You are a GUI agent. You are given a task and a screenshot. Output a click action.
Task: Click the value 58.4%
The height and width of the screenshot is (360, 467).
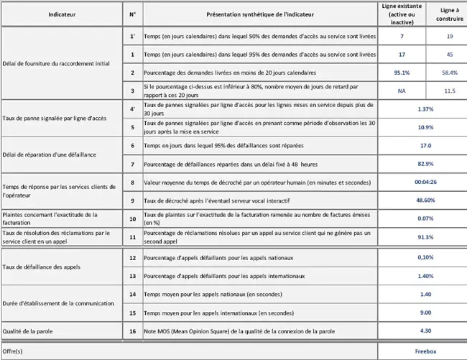click(450, 73)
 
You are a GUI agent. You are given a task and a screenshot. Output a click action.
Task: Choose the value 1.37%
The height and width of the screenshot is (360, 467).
click(425, 109)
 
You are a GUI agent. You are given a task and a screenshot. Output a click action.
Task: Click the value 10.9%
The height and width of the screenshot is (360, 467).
click(425, 127)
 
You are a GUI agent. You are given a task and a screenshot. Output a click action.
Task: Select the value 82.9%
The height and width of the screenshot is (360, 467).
click(425, 164)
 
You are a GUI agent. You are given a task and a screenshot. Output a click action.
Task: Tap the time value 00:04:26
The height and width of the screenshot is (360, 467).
click(425, 183)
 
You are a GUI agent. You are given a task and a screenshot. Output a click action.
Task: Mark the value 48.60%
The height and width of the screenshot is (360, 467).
click(425, 200)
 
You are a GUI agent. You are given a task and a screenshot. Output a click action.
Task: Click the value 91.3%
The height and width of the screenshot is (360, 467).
click(425, 236)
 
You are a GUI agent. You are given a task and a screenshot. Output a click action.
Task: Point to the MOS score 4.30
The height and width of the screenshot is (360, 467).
click(425, 331)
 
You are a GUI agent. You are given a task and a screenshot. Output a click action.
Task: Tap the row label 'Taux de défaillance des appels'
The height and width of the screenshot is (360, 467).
click(45, 267)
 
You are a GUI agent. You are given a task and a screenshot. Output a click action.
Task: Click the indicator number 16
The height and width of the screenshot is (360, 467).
click(132, 331)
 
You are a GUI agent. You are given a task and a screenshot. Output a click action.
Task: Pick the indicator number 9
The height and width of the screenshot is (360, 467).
click(132, 200)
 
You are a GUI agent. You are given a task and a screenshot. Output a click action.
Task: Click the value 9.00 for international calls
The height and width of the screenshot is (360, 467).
click(425, 313)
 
